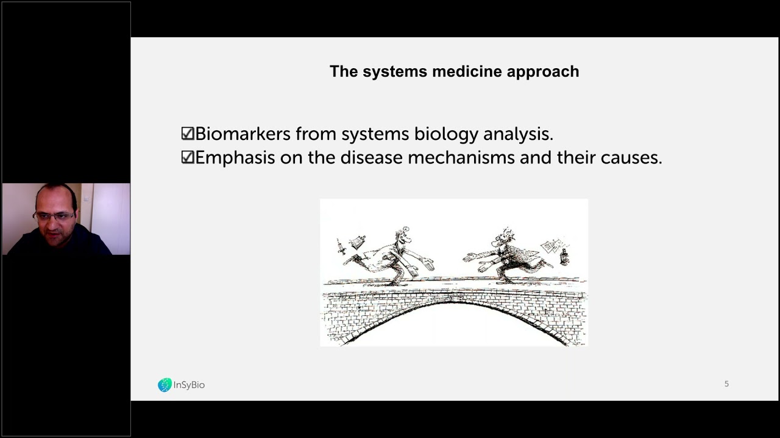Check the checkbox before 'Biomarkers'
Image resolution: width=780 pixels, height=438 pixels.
pyautogui.click(x=188, y=134)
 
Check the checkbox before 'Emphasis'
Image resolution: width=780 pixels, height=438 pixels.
pyautogui.click(x=188, y=158)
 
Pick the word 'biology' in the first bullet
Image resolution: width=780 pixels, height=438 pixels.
pyautogui.click(x=447, y=134)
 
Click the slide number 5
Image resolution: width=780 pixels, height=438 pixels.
pyautogui.click(x=726, y=384)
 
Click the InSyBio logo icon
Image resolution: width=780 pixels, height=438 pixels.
pyautogui.click(x=165, y=385)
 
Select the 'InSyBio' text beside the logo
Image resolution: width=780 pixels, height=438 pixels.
pyautogui.click(x=190, y=385)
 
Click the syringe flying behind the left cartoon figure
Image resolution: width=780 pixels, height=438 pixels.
pyautogui.click(x=341, y=247)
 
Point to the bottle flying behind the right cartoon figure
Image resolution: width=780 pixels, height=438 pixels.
pyautogui.click(x=564, y=256)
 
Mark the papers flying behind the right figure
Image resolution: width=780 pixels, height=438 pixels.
pyautogui.click(x=550, y=245)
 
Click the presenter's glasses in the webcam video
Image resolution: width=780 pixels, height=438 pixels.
pyautogui.click(x=55, y=215)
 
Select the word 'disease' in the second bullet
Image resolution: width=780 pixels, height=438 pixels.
pyautogui.click(x=371, y=158)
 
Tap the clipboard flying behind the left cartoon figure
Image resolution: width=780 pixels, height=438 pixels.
pyautogui.click(x=358, y=242)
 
